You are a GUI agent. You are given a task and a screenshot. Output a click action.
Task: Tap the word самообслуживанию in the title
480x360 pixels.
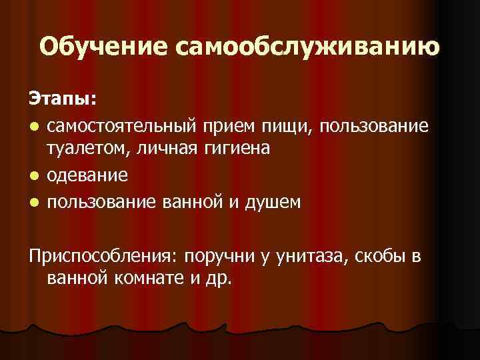[x=307, y=47]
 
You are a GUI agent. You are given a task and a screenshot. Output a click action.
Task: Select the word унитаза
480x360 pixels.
[x=312, y=256]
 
